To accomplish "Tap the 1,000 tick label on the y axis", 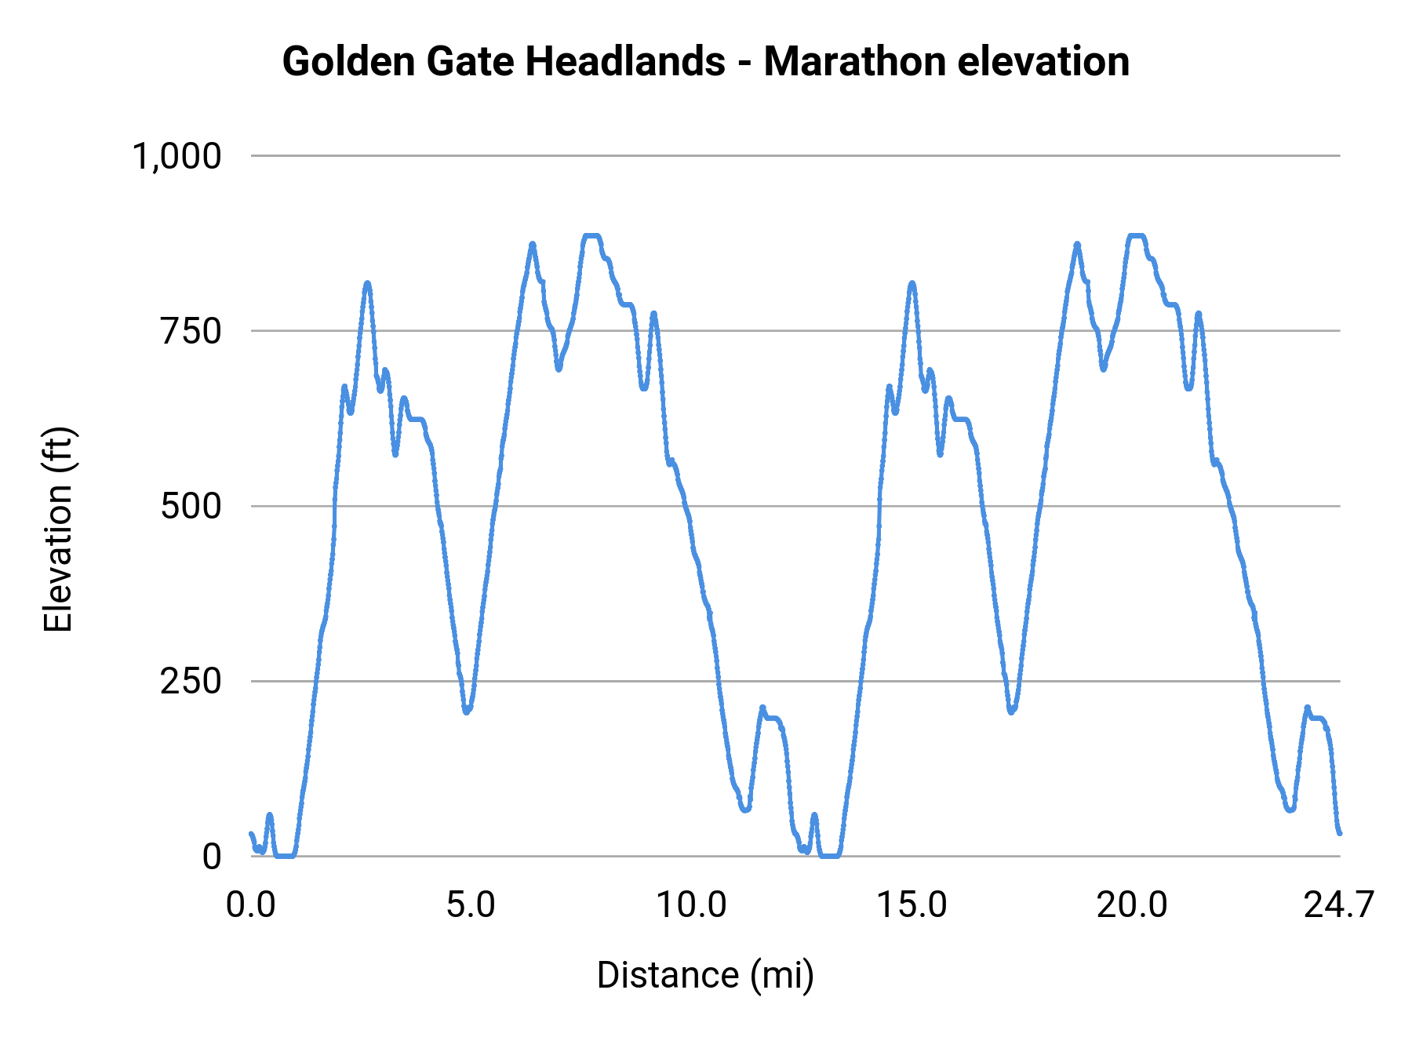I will click(177, 156).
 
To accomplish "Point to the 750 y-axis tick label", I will click(191, 331).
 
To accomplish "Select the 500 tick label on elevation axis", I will click(191, 506).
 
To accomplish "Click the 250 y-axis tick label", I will click(191, 681).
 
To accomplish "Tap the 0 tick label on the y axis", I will click(212, 857).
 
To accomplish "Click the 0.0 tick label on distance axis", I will click(251, 905).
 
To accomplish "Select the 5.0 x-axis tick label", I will click(471, 905).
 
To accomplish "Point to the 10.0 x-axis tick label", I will click(691, 905).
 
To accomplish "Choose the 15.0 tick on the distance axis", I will click(912, 905).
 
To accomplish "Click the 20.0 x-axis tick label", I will click(1132, 905).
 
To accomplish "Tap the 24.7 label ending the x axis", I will click(1338, 905).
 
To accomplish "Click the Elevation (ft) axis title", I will click(58, 529).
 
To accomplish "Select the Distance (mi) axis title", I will click(705, 975).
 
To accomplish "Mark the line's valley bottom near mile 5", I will click(467, 711).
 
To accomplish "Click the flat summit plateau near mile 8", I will click(591, 235).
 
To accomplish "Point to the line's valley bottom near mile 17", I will click(1011, 711).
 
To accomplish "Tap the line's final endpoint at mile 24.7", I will click(1340, 833).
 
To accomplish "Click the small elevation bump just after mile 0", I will click(269, 816).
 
